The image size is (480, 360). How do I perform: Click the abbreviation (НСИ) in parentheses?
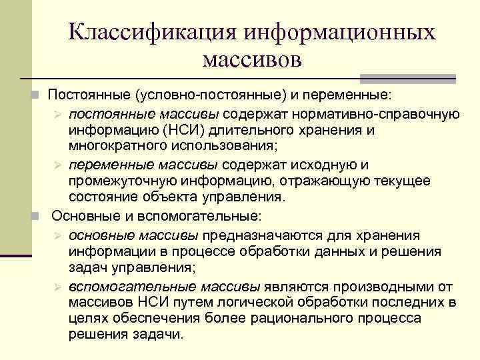pyautogui.click(x=177, y=129)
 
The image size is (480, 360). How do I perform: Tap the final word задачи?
pyautogui.click(x=159, y=335)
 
